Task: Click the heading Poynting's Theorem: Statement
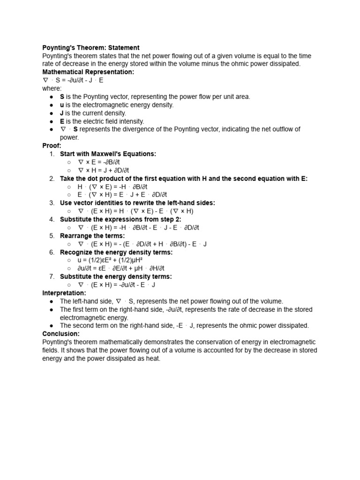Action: (91, 48)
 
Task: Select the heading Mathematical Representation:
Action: (88, 72)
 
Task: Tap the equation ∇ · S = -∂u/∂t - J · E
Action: (73, 80)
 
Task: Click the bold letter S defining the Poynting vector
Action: (62, 97)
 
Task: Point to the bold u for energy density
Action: (62, 105)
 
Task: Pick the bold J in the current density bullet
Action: (61, 113)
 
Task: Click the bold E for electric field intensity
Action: (62, 121)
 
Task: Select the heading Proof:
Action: (52, 146)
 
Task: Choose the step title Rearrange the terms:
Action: (92, 236)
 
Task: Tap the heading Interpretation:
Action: (64, 293)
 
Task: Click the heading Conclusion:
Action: (61, 334)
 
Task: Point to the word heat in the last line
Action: (153, 359)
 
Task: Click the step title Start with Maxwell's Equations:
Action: (108, 154)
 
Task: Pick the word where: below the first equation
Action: (52, 89)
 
